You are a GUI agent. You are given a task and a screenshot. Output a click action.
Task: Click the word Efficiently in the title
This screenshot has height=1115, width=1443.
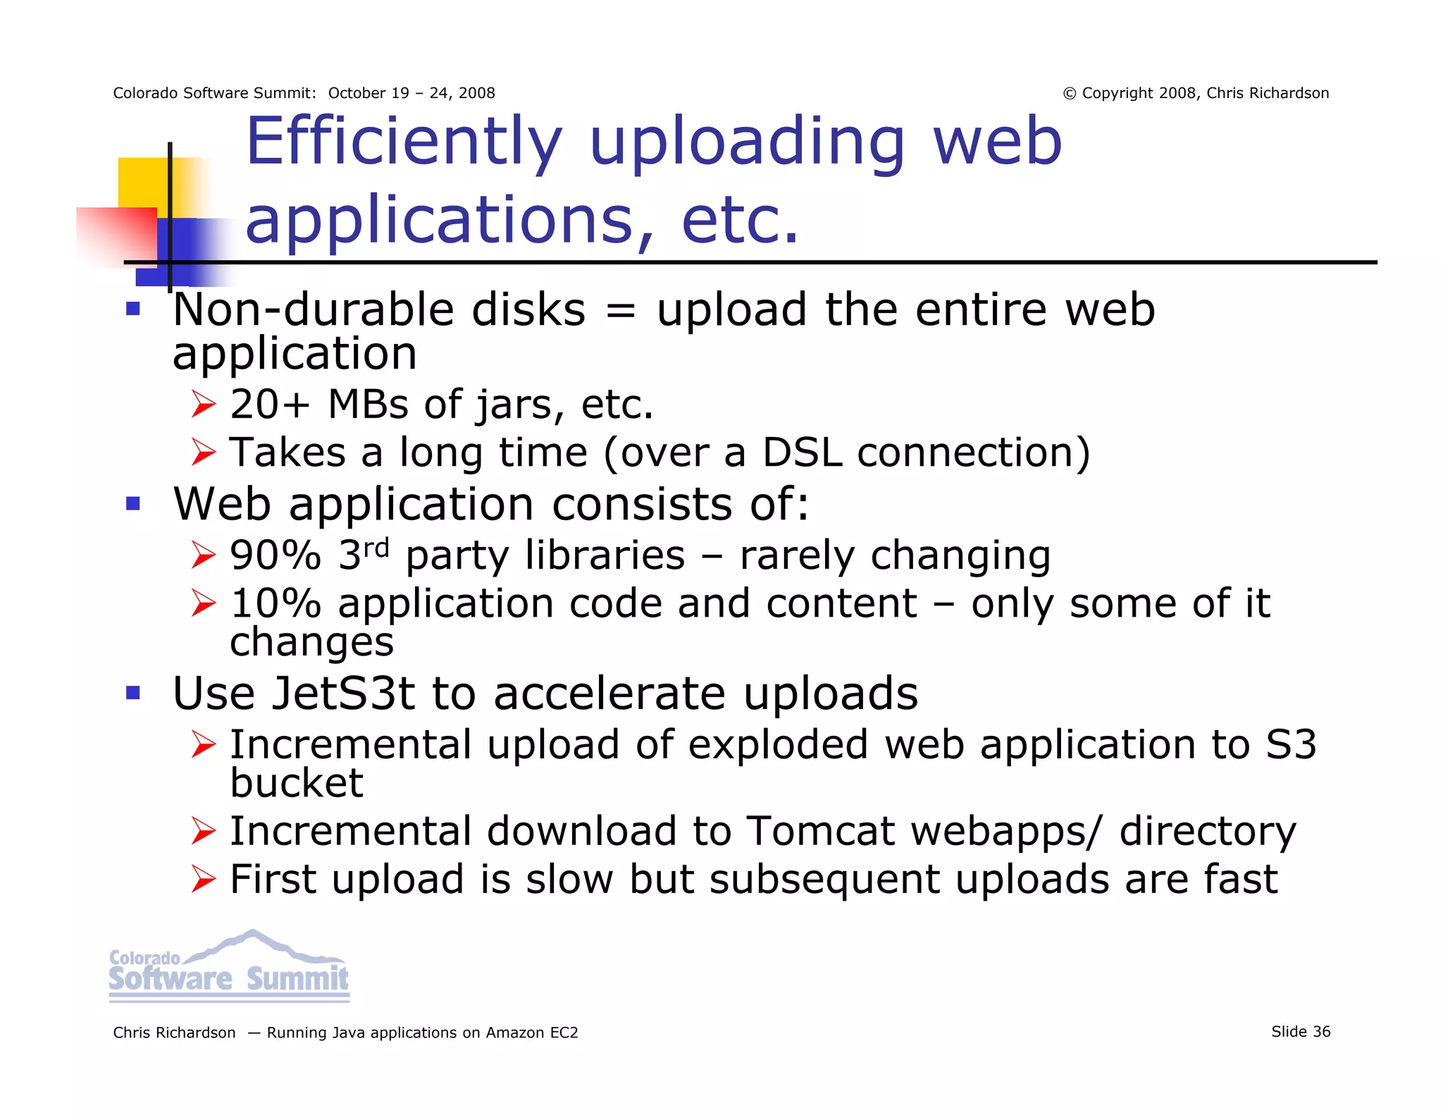pos(404,143)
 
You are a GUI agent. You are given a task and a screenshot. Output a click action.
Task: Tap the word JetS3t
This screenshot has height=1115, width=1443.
pos(343,694)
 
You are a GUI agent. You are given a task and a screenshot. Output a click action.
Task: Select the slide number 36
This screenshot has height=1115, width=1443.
pos(1321,1032)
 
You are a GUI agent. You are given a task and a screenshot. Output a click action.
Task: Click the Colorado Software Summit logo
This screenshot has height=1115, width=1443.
pos(229,967)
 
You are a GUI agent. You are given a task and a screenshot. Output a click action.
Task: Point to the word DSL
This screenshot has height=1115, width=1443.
pos(802,452)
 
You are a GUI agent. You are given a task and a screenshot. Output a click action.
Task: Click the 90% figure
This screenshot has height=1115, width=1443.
pos(275,556)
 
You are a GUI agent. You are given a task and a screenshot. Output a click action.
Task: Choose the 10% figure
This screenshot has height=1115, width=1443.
pos(275,604)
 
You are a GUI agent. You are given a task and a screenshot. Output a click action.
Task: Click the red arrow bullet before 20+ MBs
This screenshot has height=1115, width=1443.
pos(204,405)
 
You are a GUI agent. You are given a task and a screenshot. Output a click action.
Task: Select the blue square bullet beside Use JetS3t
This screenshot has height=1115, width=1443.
pos(133,693)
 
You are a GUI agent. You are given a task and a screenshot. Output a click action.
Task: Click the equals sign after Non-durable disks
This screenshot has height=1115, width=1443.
pos(620,311)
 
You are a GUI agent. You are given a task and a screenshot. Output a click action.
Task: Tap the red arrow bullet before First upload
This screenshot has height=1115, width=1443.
pos(204,880)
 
